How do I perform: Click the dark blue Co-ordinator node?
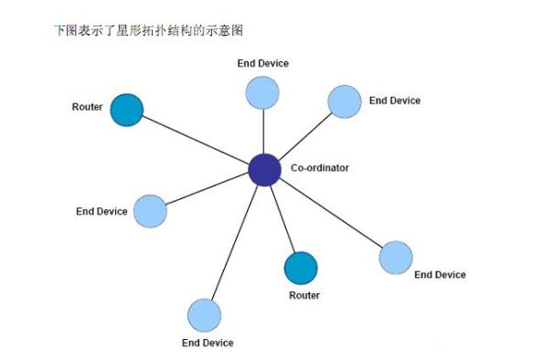[x=264, y=169]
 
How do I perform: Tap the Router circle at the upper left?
[x=127, y=110]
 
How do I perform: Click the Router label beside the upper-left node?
[x=87, y=107]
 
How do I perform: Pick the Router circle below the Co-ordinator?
[x=301, y=269]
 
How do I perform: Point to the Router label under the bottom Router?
[x=304, y=295]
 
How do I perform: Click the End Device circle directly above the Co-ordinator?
[x=262, y=92]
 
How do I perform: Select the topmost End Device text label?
[x=262, y=63]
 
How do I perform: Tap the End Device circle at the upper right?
[x=345, y=101]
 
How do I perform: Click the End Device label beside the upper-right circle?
[x=395, y=101]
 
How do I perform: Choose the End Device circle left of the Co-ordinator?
[x=151, y=211]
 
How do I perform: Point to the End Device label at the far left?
[x=101, y=212]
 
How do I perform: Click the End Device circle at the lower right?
[x=395, y=258]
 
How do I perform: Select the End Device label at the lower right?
[x=440, y=274]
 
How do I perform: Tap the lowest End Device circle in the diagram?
[x=204, y=315]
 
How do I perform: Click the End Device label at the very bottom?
[x=208, y=343]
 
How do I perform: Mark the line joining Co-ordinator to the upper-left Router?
[x=196, y=140]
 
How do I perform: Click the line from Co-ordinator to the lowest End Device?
[x=234, y=242]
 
